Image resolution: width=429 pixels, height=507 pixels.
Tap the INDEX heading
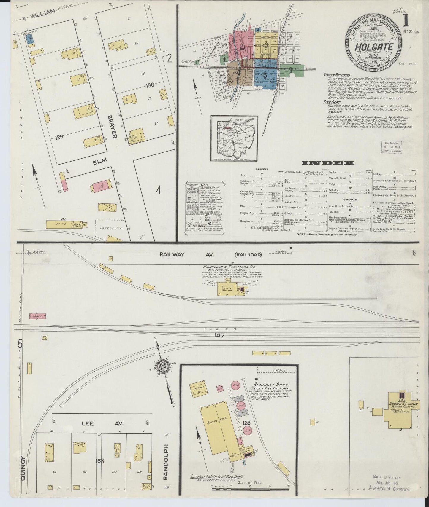[328, 163]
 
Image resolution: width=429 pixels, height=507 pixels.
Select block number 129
[59, 137]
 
